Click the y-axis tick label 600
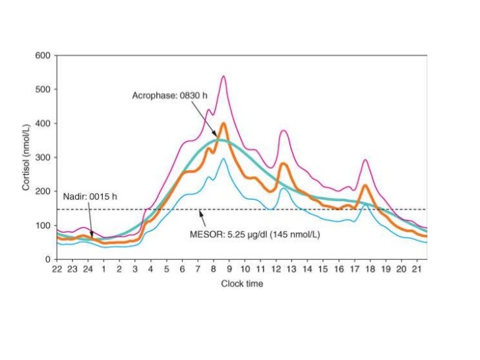[43, 55]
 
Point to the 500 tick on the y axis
[43, 89]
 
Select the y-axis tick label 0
[47, 259]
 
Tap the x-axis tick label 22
[57, 270]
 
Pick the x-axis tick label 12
[276, 270]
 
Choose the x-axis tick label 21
[416, 270]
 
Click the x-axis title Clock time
[241, 284]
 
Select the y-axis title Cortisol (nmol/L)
[26, 157]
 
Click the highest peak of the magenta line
[224, 76]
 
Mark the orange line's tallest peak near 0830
[224, 123]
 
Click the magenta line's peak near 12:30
[284, 131]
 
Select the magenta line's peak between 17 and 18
[365, 160]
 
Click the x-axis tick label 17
[353, 270]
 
